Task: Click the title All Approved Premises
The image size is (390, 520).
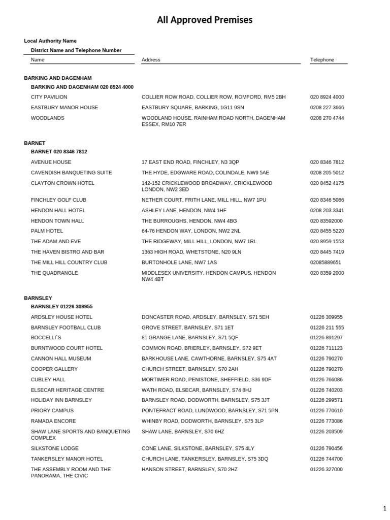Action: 204,20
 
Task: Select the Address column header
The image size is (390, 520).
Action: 151,60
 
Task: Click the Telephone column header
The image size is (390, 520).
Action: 322,60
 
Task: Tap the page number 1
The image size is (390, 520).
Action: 384,508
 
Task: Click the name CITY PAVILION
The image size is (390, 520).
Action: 49,97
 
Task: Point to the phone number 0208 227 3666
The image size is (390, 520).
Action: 327,108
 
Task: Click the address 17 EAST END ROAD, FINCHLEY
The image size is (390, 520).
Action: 190,162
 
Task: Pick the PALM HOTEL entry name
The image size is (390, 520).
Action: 47,231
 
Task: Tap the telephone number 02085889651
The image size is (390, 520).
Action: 326,263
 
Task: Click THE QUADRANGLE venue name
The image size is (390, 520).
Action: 54,273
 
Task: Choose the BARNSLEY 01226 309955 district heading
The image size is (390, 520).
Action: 61,307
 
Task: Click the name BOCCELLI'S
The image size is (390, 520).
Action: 46,338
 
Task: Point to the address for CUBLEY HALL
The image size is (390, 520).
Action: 206,380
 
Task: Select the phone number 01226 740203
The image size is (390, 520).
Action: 326,390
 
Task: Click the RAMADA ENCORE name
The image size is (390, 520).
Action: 53,421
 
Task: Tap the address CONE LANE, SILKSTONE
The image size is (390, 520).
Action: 198,448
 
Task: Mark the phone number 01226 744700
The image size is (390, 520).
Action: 326,459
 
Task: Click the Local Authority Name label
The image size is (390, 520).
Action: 50,41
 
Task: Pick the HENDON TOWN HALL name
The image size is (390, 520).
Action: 57,221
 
